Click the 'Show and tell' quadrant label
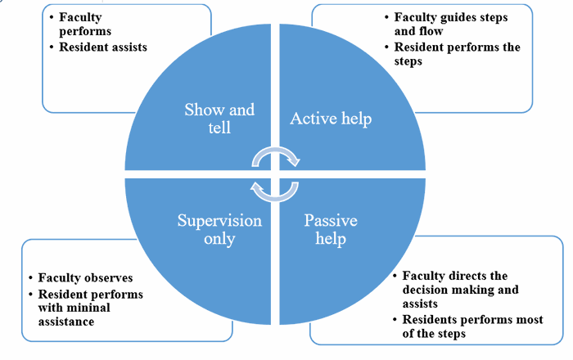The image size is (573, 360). pos(219,119)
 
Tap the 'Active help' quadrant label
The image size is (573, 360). pos(331,119)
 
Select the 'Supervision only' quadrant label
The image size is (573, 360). pos(220,230)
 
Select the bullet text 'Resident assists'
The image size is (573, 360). pos(103,47)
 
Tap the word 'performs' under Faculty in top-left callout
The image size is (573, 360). pos(83,31)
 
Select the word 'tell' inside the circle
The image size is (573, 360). pos(219,128)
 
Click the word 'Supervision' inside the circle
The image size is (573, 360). pos(220,221)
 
